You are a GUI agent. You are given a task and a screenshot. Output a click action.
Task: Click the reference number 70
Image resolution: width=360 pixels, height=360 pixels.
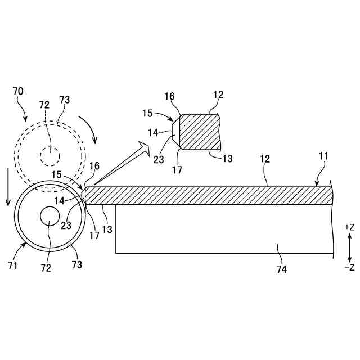click(x=18, y=91)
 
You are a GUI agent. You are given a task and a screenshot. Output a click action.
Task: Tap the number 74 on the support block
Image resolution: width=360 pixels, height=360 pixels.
click(x=281, y=269)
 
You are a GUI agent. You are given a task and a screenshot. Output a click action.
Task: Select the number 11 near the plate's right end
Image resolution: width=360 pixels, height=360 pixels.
click(x=323, y=156)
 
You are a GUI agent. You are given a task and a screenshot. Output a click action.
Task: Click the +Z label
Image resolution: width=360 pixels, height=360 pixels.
click(x=349, y=227)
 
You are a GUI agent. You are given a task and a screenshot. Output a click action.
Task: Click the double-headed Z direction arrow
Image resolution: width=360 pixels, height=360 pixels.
click(x=349, y=247)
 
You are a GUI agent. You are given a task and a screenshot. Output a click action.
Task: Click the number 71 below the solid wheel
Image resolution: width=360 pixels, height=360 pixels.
click(x=12, y=264)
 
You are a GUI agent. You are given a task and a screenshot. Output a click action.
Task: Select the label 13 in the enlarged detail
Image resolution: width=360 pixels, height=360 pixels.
click(x=227, y=159)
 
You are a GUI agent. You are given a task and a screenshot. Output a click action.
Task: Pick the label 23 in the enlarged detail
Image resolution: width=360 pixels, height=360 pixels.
click(x=159, y=159)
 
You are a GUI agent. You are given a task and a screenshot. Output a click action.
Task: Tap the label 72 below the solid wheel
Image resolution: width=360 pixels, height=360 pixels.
click(x=46, y=268)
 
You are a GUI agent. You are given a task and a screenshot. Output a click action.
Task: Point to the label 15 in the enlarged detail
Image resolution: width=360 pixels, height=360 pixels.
click(x=147, y=113)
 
